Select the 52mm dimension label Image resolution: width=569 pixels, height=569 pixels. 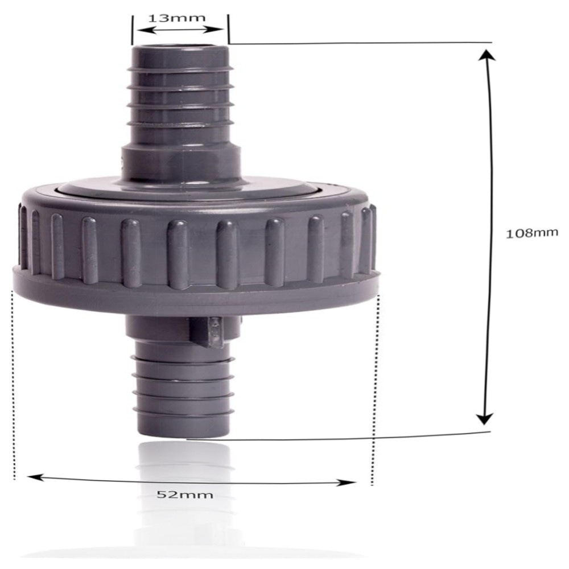[184, 494]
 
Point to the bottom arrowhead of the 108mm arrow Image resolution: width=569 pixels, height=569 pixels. [484, 419]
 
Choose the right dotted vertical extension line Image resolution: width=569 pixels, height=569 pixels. [375, 387]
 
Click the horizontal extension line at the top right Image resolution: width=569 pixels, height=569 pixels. [358, 43]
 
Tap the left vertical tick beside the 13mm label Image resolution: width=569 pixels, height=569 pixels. [132, 28]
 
